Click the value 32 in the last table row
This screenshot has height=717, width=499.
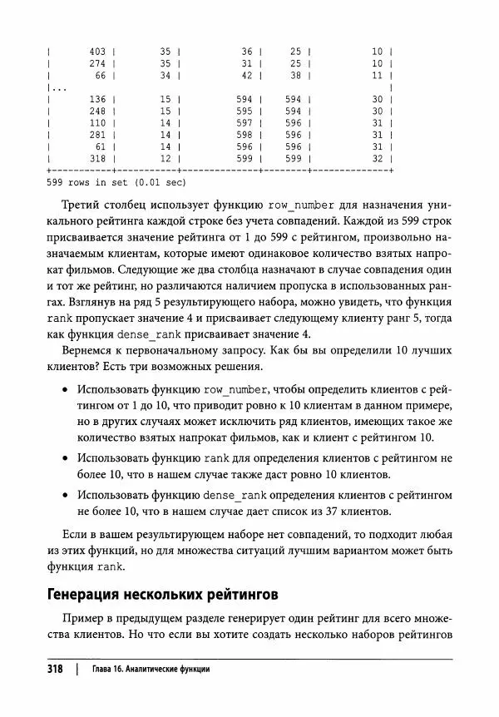377,158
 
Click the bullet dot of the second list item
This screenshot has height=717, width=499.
66,457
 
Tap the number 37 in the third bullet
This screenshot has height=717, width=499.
363,512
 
